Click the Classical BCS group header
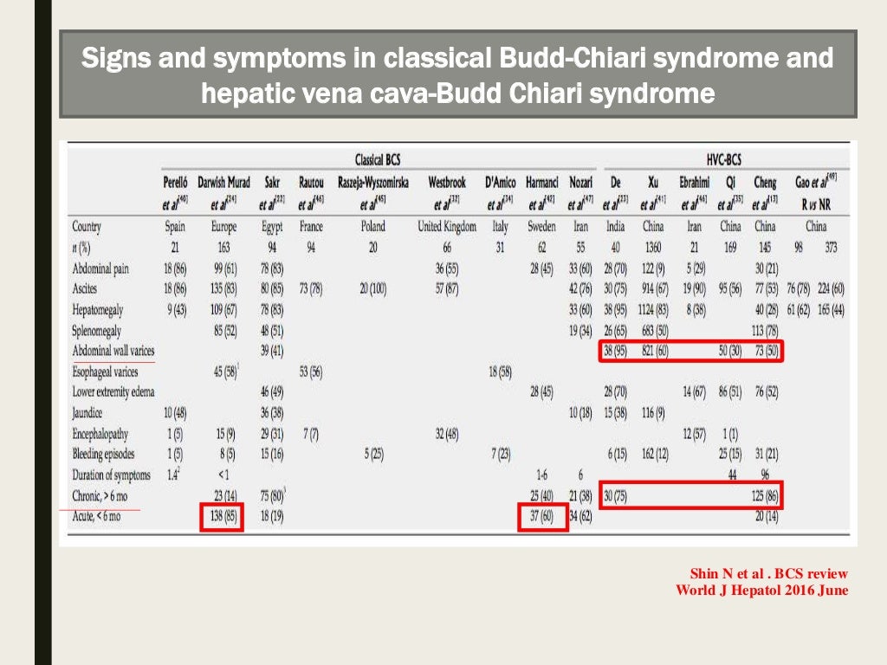(383, 160)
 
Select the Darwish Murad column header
(223, 183)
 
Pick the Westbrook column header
(446, 183)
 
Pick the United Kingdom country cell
(447, 227)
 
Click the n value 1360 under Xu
(652, 248)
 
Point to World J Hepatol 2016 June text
(761, 591)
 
